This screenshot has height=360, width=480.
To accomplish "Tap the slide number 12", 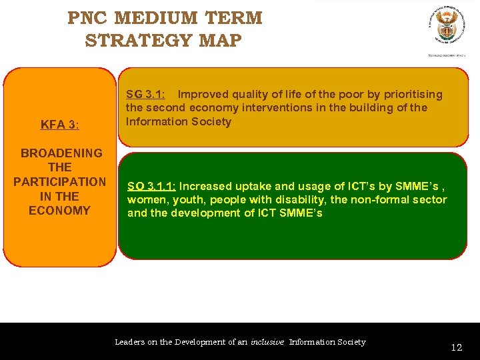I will (x=456, y=347).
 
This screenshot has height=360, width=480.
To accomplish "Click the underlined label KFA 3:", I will (x=60, y=124).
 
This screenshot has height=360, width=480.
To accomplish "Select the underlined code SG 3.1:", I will (x=146, y=94).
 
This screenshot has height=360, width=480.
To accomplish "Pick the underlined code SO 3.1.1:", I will (x=152, y=187).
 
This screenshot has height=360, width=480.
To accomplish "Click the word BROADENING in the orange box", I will (x=61, y=153).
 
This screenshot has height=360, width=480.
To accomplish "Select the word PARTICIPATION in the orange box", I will (x=59, y=182).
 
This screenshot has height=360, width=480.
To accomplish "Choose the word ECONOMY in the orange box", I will (x=59, y=211).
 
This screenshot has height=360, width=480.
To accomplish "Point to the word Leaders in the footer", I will (x=129, y=342).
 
